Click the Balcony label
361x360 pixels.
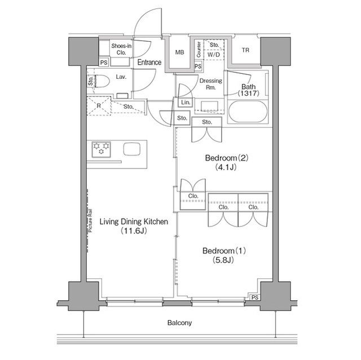pyautogui.click(x=179, y=323)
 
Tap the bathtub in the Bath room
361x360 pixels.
pyautogui.click(x=248, y=112)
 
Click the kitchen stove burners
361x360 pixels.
pyautogui.click(x=102, y=149)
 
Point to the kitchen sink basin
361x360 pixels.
pyautogui.click(x=131, y=149)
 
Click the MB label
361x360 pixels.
pyautogui.click(x=179, y=52)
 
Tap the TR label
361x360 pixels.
pyautogui.click(x=245, y=50)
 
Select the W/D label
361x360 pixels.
pyautogui.click(x=213, y=55)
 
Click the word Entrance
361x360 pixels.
pyautogui.click(x=149, y=62)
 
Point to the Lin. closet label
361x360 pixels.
pyautogui.click(x=186, y=103)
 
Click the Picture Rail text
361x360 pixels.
pyautogui.click(x=90, y=220)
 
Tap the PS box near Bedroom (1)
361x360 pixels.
pyautogui.click(x=255, y=297)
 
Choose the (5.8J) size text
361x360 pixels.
pyautogui.click(x=223, y=260)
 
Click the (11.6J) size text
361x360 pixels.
pyautogui.click(x=134, y=230)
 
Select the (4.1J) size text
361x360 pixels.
pyautogui.click(x=226, y=167)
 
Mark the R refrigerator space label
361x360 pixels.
pyautogui.click(x=99, y=106)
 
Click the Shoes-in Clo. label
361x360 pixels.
pyautogui.click(x=121, y=49)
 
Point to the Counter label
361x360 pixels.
pyautogui.click(x=199, y=50)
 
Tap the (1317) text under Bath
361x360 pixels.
pyautogui.click(x=249, y=94)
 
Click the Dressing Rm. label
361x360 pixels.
pyautogui.click(x=210, y=84)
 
